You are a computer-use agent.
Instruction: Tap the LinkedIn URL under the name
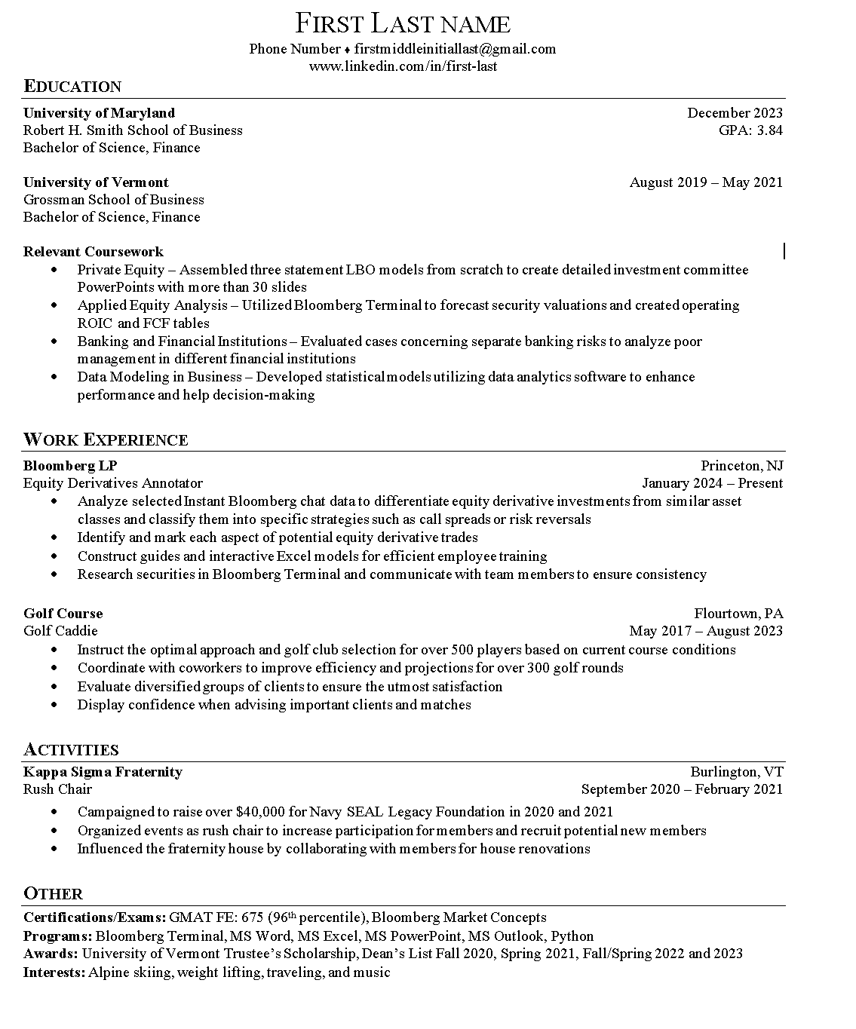coord(403,66)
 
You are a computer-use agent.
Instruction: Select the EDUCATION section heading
coord(72,86)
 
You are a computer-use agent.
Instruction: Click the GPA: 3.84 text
coord(750,130)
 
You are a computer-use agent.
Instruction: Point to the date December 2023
coord(735,113)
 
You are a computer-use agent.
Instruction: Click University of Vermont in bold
coord(96,182)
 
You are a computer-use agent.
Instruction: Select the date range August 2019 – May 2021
coord(706,182)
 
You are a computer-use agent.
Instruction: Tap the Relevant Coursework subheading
coord(93,252)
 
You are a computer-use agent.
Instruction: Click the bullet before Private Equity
coord(54,270)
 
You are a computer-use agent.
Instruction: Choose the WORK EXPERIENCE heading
coord(106,439)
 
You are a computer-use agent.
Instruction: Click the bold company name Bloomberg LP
coord(70,466)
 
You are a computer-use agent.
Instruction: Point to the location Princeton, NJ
coord(741,466)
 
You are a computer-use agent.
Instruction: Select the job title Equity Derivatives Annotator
coord(113,483)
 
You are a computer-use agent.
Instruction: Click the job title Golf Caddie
coord(60,631)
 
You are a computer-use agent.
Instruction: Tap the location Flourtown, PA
coord(738,614)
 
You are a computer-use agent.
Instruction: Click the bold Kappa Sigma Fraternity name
coord(103,772)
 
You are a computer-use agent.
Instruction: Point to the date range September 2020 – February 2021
coord(682,789)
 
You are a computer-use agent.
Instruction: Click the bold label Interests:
coord(54,972)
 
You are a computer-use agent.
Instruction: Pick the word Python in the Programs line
coord(572,936)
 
